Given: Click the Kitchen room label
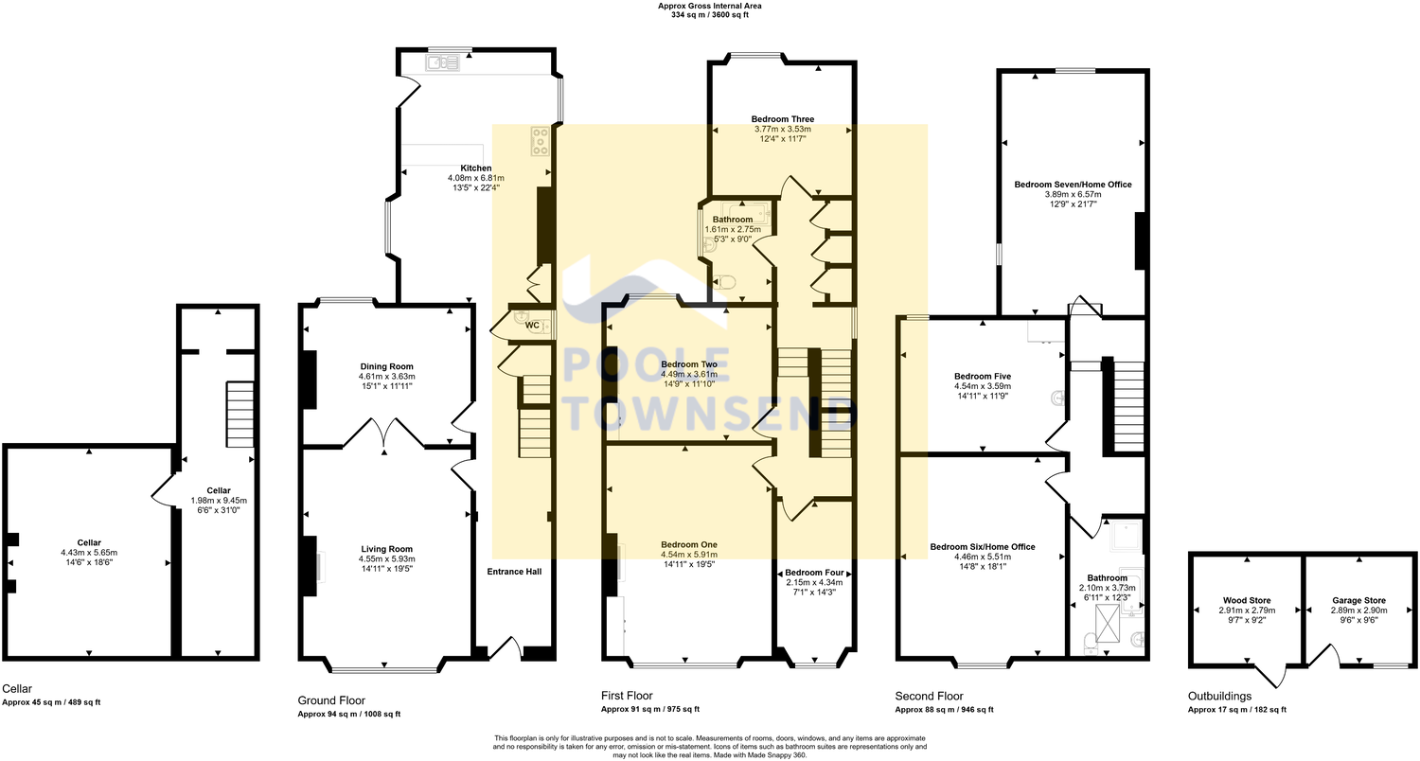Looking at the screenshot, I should point(476,168).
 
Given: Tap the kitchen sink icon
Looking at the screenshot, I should point(442,63).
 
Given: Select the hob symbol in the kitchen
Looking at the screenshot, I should point(541,141).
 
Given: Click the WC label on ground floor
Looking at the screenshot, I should point(532,325).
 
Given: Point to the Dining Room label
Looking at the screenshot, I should point(386,366).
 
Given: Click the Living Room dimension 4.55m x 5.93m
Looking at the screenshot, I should point(386,559).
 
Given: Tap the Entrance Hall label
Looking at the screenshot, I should point(514,572).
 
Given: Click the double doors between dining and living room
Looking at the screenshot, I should point(384,434).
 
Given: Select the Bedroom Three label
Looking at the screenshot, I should point(782,119).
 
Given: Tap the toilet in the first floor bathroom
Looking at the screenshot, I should point(726,281).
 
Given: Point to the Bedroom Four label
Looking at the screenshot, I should point(814,573).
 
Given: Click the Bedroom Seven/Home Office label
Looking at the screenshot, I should point(1073,185).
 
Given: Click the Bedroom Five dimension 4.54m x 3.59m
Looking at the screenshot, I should point(983,386).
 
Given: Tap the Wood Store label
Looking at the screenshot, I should point(1247,600).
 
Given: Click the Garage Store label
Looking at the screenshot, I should point(1358,600).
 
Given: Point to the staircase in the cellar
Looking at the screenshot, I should point(240,414).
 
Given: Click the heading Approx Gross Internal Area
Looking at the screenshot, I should point(710,6).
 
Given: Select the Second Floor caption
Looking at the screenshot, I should point(929,696).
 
